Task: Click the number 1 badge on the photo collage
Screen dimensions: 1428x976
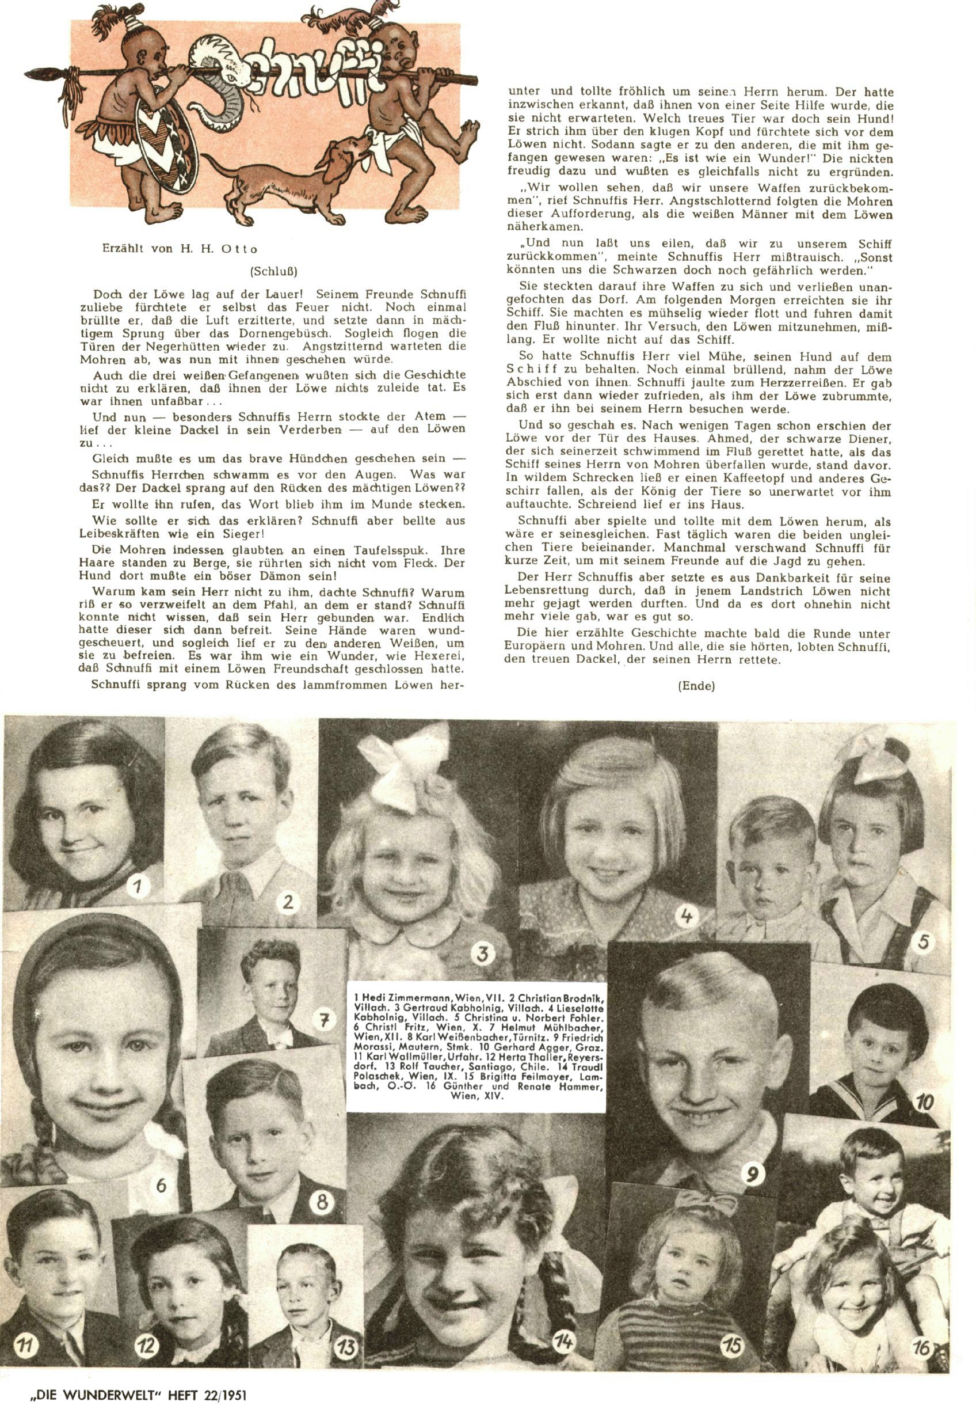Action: click(139, 886)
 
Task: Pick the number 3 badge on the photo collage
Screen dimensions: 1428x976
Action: click(483, 954)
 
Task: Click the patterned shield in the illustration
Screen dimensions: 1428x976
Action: click(166, 139)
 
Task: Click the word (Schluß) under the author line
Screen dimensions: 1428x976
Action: click(274, 271)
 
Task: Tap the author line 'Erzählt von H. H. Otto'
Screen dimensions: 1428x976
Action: click(180, 249)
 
